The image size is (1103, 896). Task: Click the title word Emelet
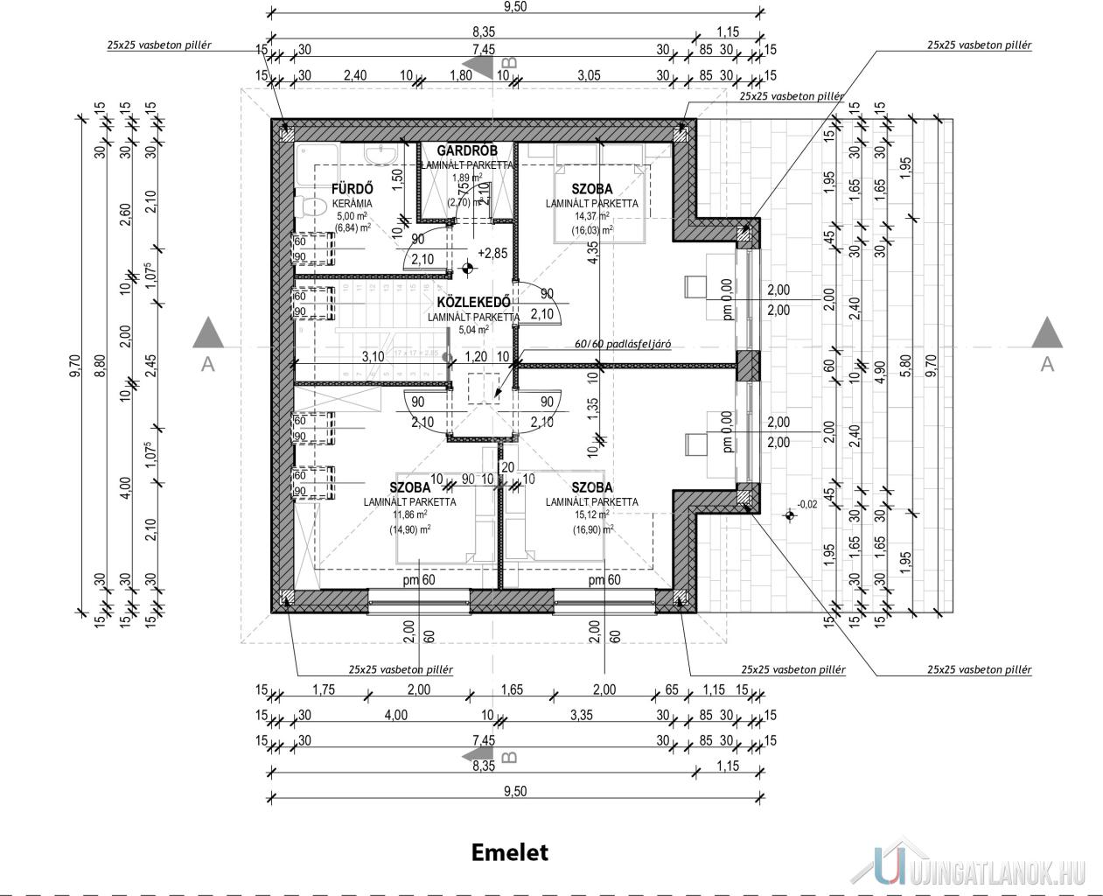[x=509, y=851]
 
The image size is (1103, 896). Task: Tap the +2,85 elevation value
[x=492, y=253]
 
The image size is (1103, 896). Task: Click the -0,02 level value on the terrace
[x=809, y=505]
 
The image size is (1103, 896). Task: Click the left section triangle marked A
[x=208, y=337]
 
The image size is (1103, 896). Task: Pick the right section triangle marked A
[x=1046, y=337]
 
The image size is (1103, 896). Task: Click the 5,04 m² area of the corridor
[x=473, y=330]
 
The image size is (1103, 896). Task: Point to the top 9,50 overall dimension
[x=515, y=6]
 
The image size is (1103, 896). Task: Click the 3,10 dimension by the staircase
[x=373, y=356]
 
